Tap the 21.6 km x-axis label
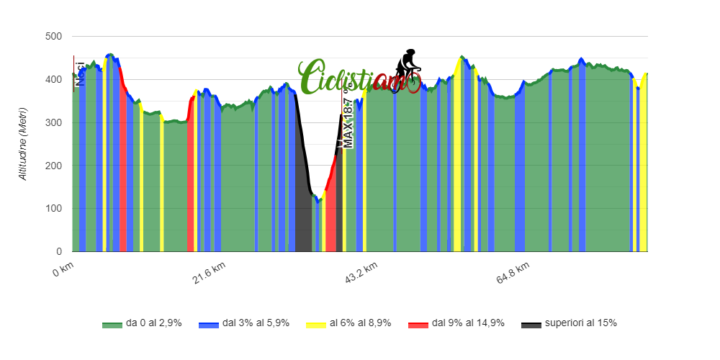coord(209,274)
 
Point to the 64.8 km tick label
coord(514,274)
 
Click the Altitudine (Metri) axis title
coord(23,144)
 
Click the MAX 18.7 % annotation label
coord(348,119)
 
